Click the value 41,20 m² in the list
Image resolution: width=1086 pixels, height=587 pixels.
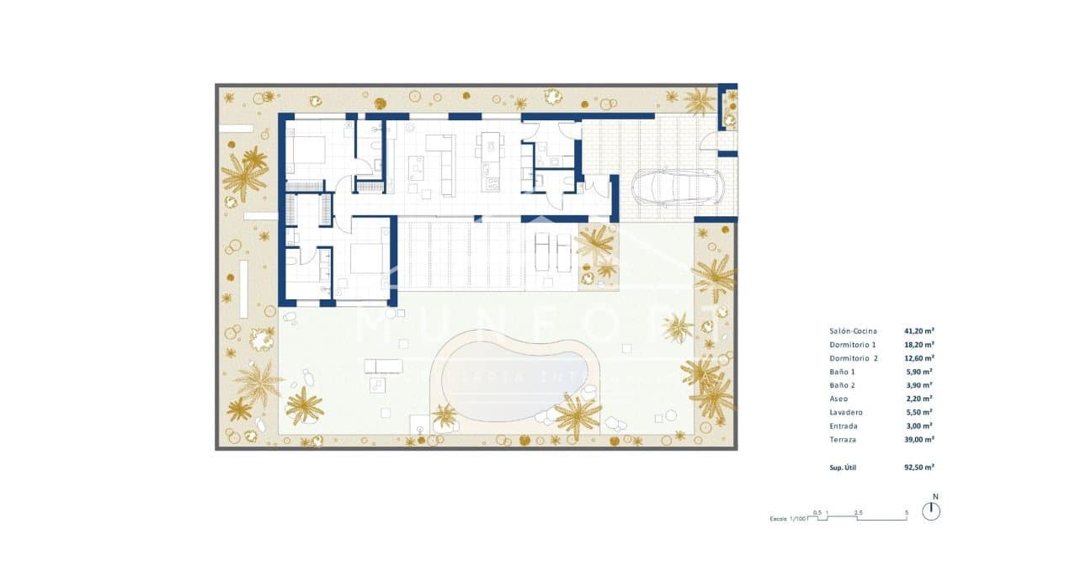[919, 331]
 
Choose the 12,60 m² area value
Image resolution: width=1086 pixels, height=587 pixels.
[919, 358]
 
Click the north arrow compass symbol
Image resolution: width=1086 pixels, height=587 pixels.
[931, 510]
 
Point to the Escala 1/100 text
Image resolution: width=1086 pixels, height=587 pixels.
[789, 519]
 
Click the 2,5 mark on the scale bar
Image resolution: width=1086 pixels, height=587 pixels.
[858, 511]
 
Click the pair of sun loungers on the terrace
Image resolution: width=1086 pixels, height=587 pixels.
[553, 249]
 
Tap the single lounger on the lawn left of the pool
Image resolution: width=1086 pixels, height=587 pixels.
[382, 365]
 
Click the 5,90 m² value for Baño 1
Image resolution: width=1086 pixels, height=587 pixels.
[919, 372]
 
